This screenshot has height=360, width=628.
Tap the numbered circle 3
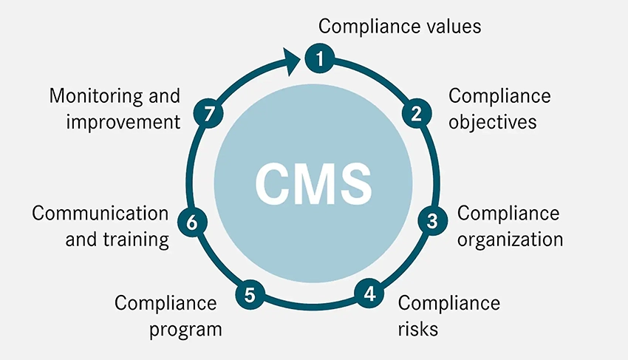pyautogui.click(x=433, y=220)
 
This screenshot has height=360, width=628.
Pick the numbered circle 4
pyautogui.click(x=369, y=293)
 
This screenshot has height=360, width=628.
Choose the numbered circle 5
pyautogui.click(x=250, y=295)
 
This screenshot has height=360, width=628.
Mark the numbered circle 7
pyautogui.click(x=209, y=114)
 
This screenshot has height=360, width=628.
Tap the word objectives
pyautogui.click(x=492, y=121)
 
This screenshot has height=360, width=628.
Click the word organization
pyautogui.click(x=510, y=240)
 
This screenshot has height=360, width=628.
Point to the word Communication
pyautogui.click(x=100, y=214)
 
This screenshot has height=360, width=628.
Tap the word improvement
pyautogui.click(x=123, y=121)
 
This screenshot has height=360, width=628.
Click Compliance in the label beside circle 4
pyautogui.click(x=449, y=303)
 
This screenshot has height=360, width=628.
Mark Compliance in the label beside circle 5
pyautogui.click(x=165, y=303)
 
